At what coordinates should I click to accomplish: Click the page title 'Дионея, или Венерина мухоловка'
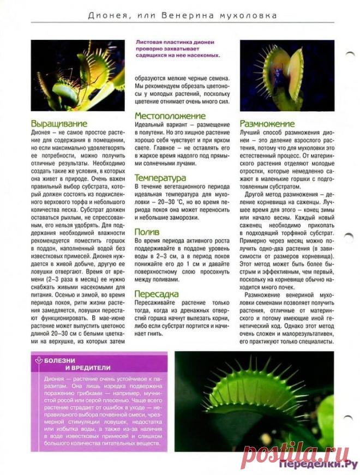click(x=183, y=15)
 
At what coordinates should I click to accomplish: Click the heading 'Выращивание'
click(x=58, y=124)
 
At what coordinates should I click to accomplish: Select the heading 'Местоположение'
click(x=170, y=116)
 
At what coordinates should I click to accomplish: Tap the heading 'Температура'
click(x=160, y=178)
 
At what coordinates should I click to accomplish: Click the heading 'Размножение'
click(x=267, y=124)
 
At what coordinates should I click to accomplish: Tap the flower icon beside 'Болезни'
click(x=38, y=360)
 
